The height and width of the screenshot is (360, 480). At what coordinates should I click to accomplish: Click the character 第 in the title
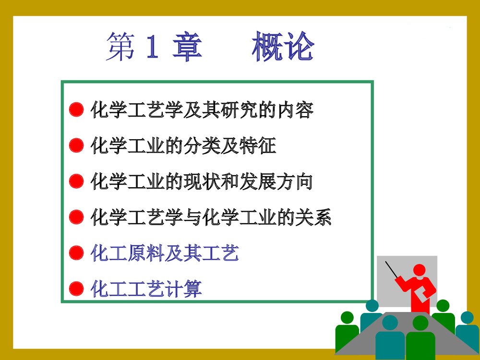pyautogui.click(x=121, y=47)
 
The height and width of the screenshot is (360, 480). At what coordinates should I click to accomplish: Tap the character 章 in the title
pyautogui.click(x=187, y=47)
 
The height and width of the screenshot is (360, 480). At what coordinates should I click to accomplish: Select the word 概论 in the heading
pyautogui.click(x=283, y=47)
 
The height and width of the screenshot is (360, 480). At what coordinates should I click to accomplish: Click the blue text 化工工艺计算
pyautogui.click(x=146, y=289)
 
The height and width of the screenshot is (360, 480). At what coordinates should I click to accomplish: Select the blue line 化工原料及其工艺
pyautogui.click(x=164, y=253)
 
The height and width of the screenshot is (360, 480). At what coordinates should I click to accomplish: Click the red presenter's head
pyautogui.click(x=420, y=271)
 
